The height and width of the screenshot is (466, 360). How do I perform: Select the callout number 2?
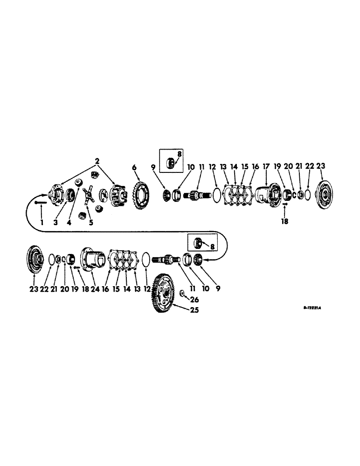click(x=97, y=161)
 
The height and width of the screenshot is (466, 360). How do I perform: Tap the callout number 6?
click(x=134, y=167)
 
